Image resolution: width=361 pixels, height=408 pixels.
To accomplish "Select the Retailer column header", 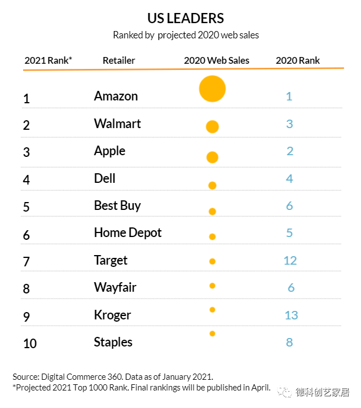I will click(x=118, y=60).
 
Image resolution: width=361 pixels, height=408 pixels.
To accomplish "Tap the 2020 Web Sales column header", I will click(x=216, y=60).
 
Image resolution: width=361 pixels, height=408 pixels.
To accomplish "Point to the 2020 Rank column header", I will click(x=297, y=60).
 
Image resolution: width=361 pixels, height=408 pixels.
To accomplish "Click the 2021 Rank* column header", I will click(x=48, y=60).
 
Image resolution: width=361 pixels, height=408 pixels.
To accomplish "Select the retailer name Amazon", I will click(x=116, y=96).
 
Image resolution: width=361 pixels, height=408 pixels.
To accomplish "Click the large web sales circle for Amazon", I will click(x=212, y=89).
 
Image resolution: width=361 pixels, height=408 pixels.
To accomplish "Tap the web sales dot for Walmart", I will click(x=212, y=127).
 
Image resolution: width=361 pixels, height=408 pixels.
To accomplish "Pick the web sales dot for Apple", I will click(x=212, y=157).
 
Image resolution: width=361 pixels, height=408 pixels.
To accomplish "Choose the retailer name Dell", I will click(x=104, y=178).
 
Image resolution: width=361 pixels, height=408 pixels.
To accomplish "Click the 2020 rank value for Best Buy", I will click(x=289, y=206).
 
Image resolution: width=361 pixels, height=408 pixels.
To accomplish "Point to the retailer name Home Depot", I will click(x=127, y=233).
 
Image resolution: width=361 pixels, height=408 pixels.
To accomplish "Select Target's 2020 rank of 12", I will click(x=290, y=261).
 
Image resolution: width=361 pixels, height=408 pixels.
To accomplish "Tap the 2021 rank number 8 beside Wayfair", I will click(x=27, y=289).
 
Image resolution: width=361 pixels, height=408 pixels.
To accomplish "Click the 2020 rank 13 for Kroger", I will click(x=291, y=315).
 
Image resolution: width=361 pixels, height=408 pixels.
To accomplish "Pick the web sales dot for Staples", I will click(x=212, y=334).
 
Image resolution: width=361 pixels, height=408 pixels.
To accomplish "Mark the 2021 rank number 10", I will click(x=30, y=343).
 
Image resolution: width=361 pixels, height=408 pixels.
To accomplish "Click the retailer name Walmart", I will click(x=117, y=124).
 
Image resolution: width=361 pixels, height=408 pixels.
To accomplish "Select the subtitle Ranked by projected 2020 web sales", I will click(x=186, y=35).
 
